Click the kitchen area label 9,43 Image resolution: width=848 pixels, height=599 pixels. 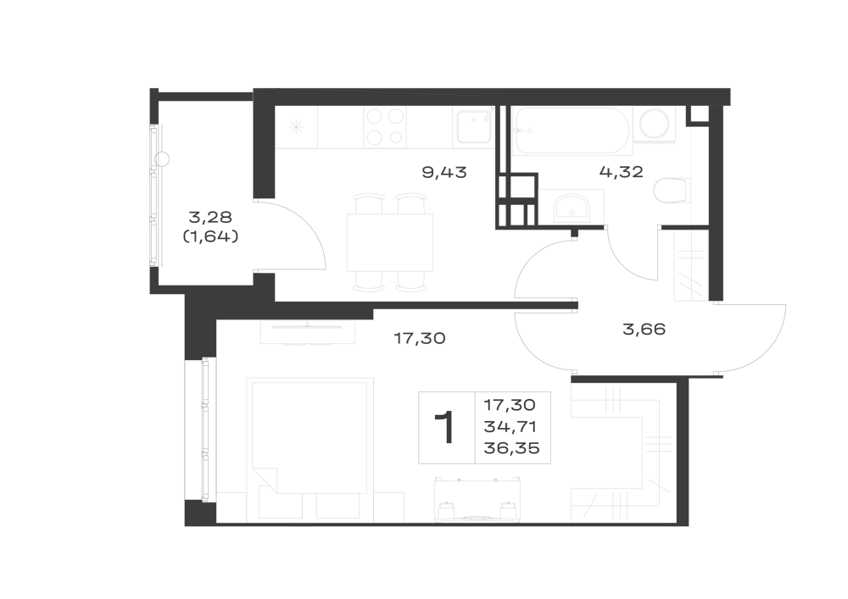[x=444, y=173]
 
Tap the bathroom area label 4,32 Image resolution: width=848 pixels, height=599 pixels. [x=622, y=172]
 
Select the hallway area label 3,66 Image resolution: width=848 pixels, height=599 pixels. [x=644, y=329]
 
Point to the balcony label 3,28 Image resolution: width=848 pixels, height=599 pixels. [x=210, y=217]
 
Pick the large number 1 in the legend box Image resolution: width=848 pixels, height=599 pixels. [x=446, y=427]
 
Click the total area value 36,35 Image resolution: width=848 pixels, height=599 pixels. [x=511, y=448]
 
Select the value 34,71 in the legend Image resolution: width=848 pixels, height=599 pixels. [x=510, y=427]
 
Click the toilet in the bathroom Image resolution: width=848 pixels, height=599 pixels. [x=671, y=190]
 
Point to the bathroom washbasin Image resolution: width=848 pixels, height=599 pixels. [x=572, y=208]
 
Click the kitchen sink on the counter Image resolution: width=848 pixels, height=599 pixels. [x=474, y=127]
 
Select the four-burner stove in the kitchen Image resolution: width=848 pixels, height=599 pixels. [x=385, y=127]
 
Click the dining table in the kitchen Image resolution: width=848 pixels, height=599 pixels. [x=390, y=242]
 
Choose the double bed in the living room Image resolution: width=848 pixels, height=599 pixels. [x=310, y=435]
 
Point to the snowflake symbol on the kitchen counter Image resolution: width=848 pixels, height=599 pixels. [x=295, y=127]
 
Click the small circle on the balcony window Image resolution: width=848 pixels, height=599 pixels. [x=162, y=158]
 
